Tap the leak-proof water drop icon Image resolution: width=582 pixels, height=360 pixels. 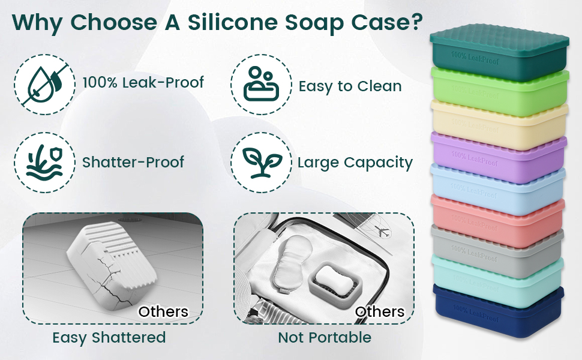[44, 82]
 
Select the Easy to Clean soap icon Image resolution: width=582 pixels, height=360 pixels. [260, 85]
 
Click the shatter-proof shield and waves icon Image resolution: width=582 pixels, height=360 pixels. [44, 162]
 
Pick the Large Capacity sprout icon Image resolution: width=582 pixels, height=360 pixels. [260, 162]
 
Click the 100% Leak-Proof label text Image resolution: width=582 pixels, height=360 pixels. [143, 82]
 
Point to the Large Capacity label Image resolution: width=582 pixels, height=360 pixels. [355, 163]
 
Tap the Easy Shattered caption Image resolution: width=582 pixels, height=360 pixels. [109, 337]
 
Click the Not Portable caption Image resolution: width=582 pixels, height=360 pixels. [325, 337]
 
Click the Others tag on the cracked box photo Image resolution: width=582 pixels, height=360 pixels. [163, 311]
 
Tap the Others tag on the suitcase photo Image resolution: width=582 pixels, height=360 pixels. [379, 311]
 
